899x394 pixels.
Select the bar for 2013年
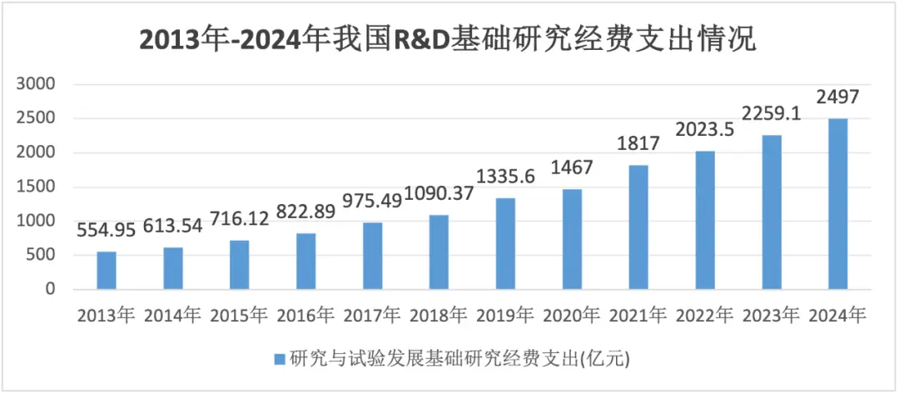pos(107,271)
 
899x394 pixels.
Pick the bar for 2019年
pos(505,244)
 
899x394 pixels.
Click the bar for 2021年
pos(638,227)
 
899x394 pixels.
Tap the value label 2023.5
pos(705,131)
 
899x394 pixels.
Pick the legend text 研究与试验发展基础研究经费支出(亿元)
pos(459,360)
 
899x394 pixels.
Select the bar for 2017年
pos(372,256)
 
